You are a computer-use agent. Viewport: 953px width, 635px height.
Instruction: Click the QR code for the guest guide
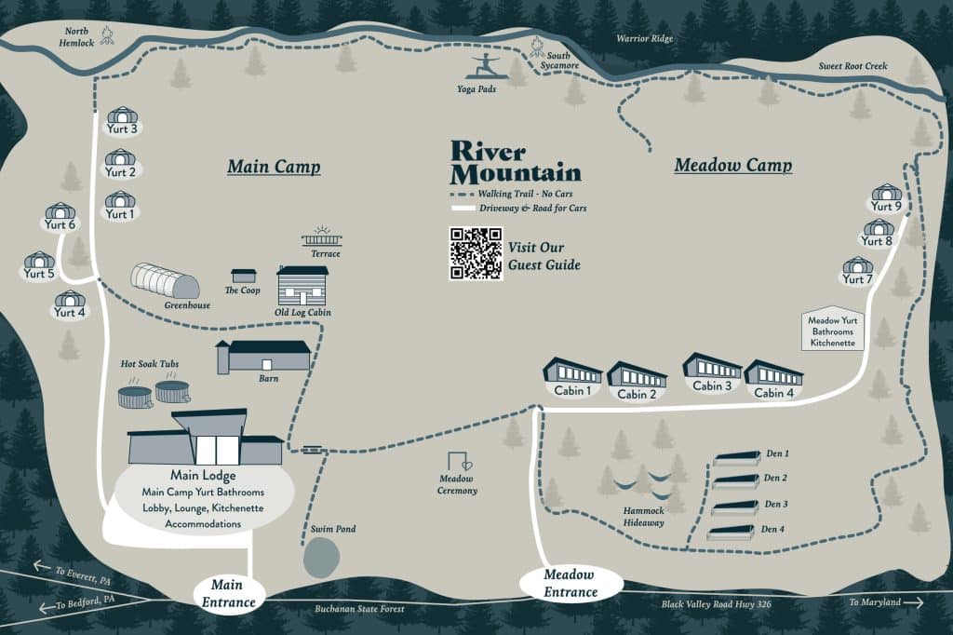point(476,253)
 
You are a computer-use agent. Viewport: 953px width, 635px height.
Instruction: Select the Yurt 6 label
point(60,224)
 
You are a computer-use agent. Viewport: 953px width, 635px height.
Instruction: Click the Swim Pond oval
point(321,558)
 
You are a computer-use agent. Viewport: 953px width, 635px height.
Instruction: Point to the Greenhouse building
point(166,280)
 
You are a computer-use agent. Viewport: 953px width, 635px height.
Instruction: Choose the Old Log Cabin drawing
point(302,285)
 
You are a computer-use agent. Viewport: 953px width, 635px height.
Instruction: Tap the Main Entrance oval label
point(228,593)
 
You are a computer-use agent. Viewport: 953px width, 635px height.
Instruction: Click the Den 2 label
point(776,478)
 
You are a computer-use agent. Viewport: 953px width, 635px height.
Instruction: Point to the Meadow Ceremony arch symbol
point(458,462)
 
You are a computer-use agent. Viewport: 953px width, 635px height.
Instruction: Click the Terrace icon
point(321,238)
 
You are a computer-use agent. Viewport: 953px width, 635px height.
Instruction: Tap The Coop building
point(244,276)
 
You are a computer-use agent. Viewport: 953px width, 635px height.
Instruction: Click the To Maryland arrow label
point(883,602)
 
